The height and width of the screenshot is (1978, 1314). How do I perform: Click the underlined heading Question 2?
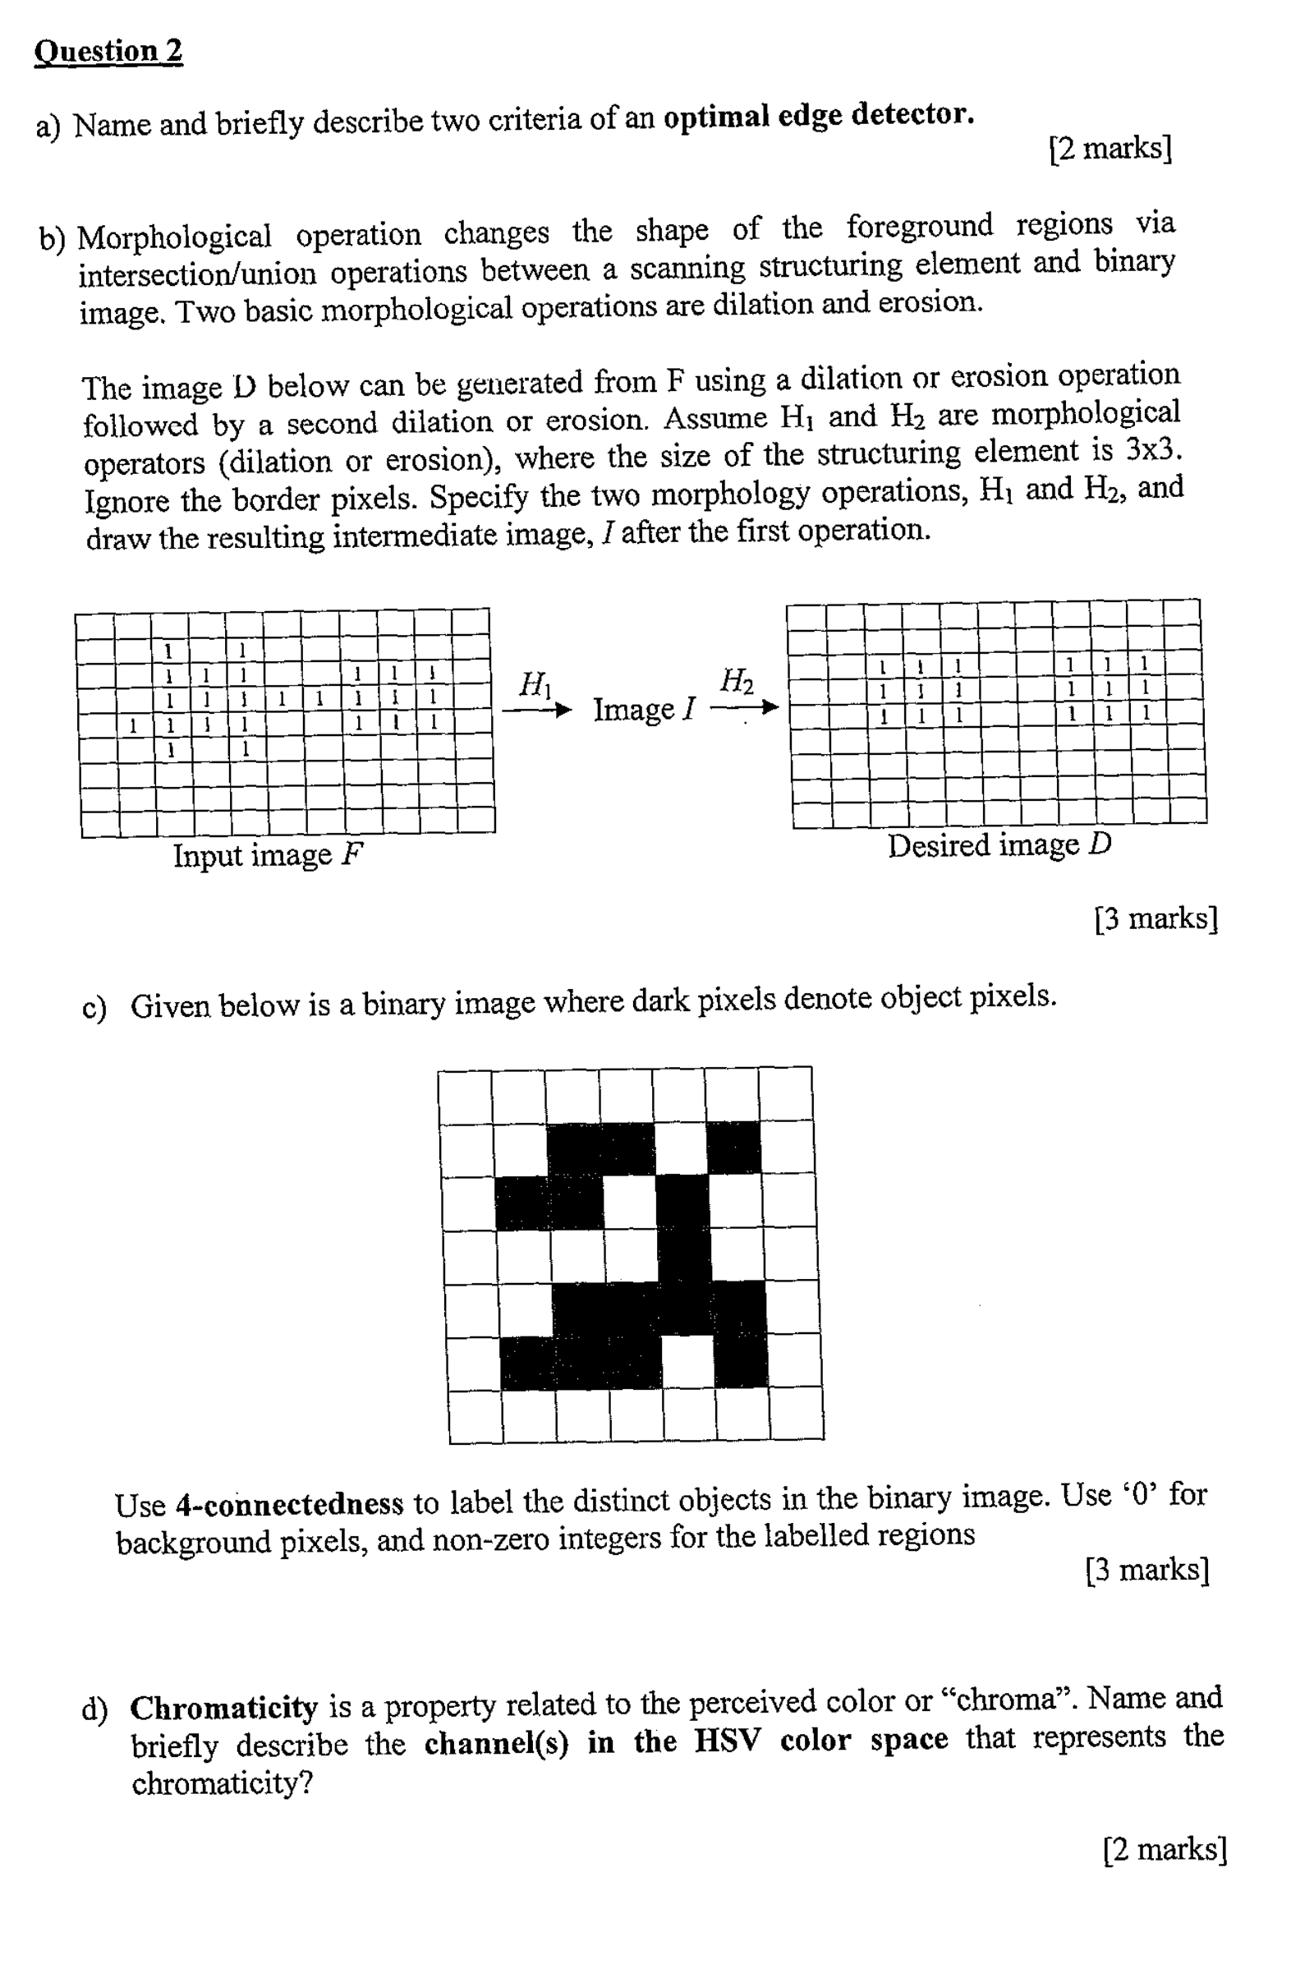(x=108, y=51)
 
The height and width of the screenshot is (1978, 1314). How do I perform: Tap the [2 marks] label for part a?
(x=1110, y=149)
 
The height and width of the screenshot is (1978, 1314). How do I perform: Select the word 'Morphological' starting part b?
(x=174, y=237)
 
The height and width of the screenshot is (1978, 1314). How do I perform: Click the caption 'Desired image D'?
(x=999, y=845)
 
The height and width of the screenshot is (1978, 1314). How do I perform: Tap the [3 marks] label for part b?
(x=1155, y=919)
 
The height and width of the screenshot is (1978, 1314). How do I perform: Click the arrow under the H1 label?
(x=536, y=710)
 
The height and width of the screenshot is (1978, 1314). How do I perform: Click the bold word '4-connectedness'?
(x=289, y=1503)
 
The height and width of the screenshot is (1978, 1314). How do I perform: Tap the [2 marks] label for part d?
(x=1165, y=1850)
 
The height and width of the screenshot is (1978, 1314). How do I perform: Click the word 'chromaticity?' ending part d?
(x=222, y=1782)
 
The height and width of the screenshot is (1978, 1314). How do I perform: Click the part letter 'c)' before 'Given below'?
(x=94, y=1006)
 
